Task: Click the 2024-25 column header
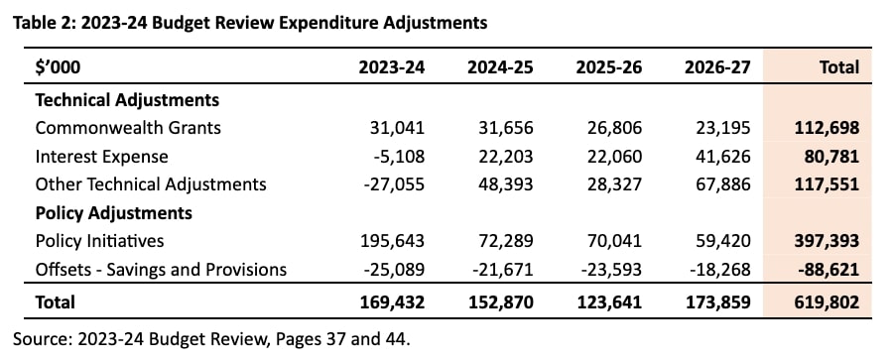[500, 67]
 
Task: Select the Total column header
[838, 67]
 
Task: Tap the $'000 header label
[59, 67]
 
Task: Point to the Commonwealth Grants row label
[128, 127]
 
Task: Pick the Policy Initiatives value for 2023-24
[392, 241]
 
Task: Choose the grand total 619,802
[826, 301]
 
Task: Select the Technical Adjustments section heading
[127, 100]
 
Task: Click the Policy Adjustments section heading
[113, 213]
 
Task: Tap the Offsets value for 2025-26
[611, 270]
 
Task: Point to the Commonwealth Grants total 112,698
[826, 128]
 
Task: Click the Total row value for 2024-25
[501, 301]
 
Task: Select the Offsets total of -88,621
[829, 270]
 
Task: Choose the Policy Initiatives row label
[99, 241]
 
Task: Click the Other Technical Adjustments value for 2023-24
[393, 184]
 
